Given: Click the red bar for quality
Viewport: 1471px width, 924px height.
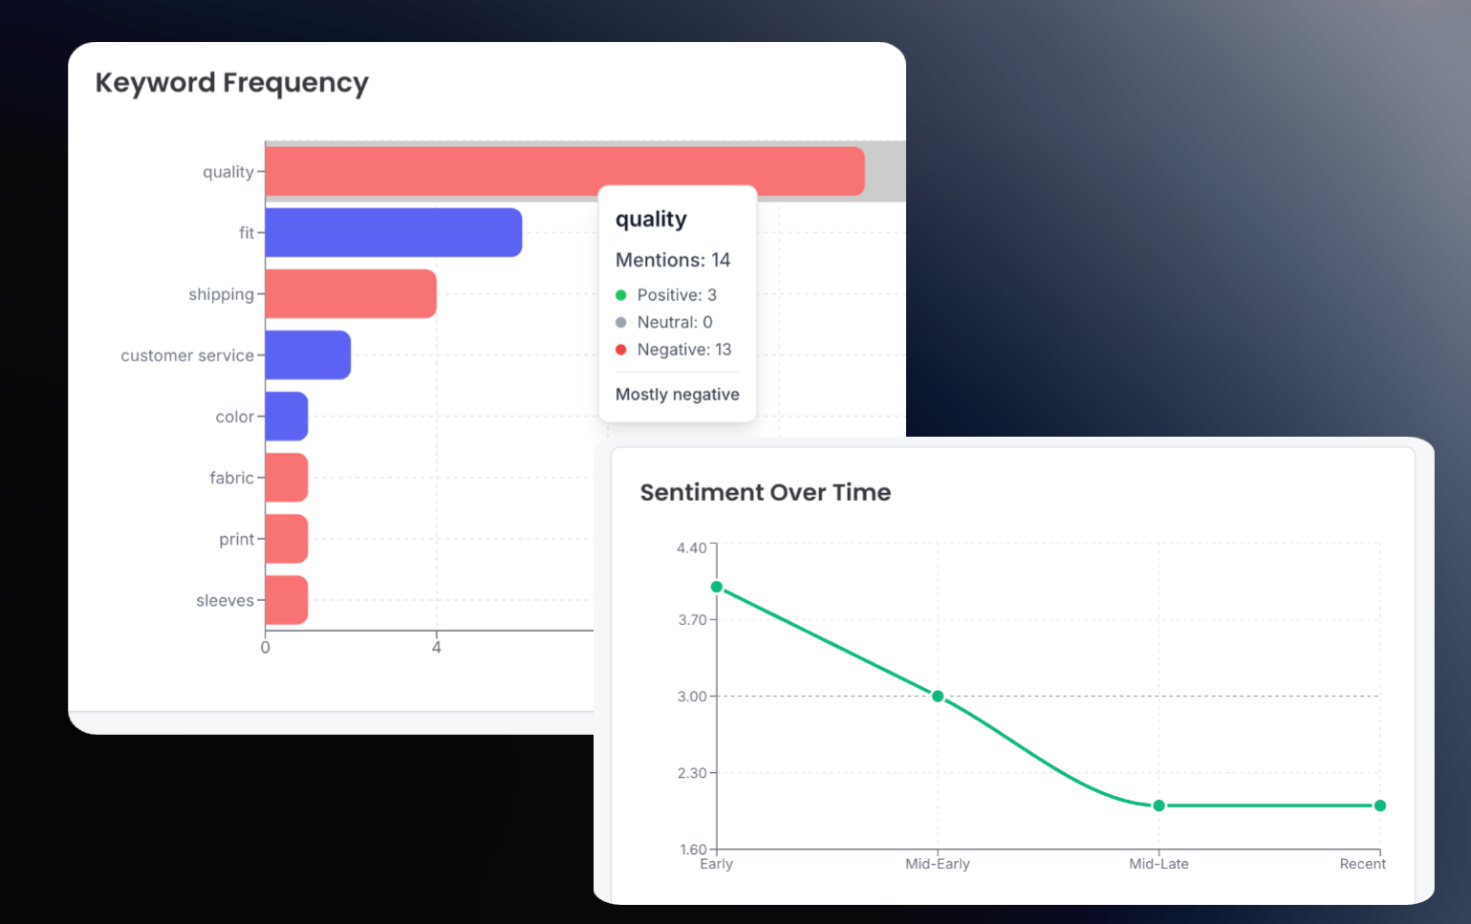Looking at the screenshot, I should pyautogui.click(x=564, y=171).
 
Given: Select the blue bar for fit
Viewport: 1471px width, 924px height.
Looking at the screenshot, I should pyautogui.click(x=393, y=232).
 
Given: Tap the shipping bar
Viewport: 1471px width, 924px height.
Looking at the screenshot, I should pyautogui.click(x=350, y=293).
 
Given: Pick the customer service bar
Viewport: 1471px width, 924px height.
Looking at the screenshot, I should pyautogui.click(x=307, y=355).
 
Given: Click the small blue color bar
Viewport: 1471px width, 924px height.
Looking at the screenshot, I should pyautogui.click(x=286, y=417).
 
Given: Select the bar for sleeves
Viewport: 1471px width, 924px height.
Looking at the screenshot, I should pyautogui.click(x=286, y=600).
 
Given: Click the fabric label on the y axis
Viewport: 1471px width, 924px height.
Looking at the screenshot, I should pyautogui.click(x=231, y=478).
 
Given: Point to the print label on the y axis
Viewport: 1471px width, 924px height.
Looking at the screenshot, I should pyautogui.click(x=236, y=539).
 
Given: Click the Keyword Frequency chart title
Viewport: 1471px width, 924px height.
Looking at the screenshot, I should pyautogui.click(x=231, y=83).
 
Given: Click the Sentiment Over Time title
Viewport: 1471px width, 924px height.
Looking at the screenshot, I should pyautogui.click(x=765, y=492).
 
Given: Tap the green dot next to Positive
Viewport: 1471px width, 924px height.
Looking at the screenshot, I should pyautogui.click(x=621, y=295).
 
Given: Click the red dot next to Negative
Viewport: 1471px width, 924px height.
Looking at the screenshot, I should pyautogui.click(x=621, y=350).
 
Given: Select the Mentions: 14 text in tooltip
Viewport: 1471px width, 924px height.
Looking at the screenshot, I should pyautogui.click(x=672, y=260).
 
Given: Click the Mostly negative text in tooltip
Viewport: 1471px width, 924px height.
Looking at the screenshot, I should pyautogui.click(x=677, y=395).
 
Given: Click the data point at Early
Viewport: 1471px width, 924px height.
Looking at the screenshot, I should pyautogui.click(x=717, y=587).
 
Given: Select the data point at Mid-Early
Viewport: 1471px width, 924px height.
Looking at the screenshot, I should pyautogui.click(x=938, y=697).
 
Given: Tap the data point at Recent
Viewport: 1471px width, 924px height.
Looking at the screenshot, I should pyautogui.click(x=1380, y=806).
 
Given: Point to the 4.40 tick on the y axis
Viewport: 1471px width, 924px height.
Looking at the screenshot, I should pyautogui.click(x=691, y=548).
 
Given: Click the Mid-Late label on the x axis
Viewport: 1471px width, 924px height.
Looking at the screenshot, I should pyautogui.click(x=1158, y=864).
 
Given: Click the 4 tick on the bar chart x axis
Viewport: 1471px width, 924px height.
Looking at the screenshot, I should pyautogui.click(x=437, y=648).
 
